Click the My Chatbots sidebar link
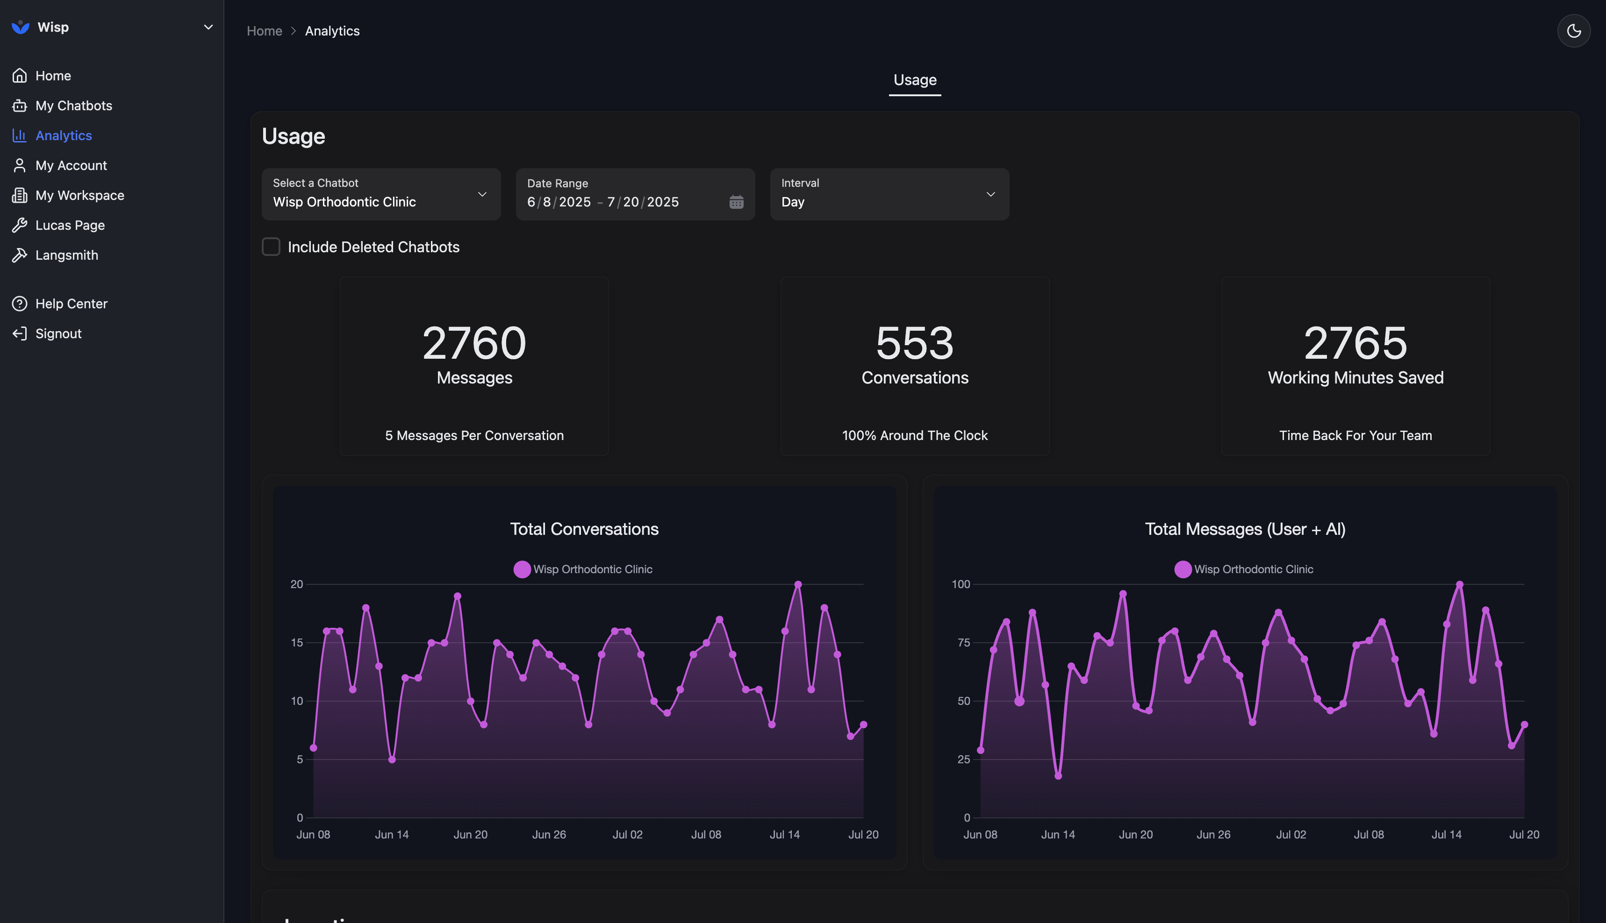point(73,106)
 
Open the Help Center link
point(71,304)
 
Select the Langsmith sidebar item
point(66,255)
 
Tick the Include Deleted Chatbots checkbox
point(271,247)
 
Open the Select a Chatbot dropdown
point(380,194)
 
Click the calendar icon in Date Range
point(736,202)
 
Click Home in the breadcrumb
point(264,31)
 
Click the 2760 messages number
point(474,343)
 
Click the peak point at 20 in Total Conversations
point(798,584)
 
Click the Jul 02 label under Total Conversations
point(627,834)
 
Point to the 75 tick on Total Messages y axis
point(963,643)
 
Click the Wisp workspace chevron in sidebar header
point(208,27)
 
